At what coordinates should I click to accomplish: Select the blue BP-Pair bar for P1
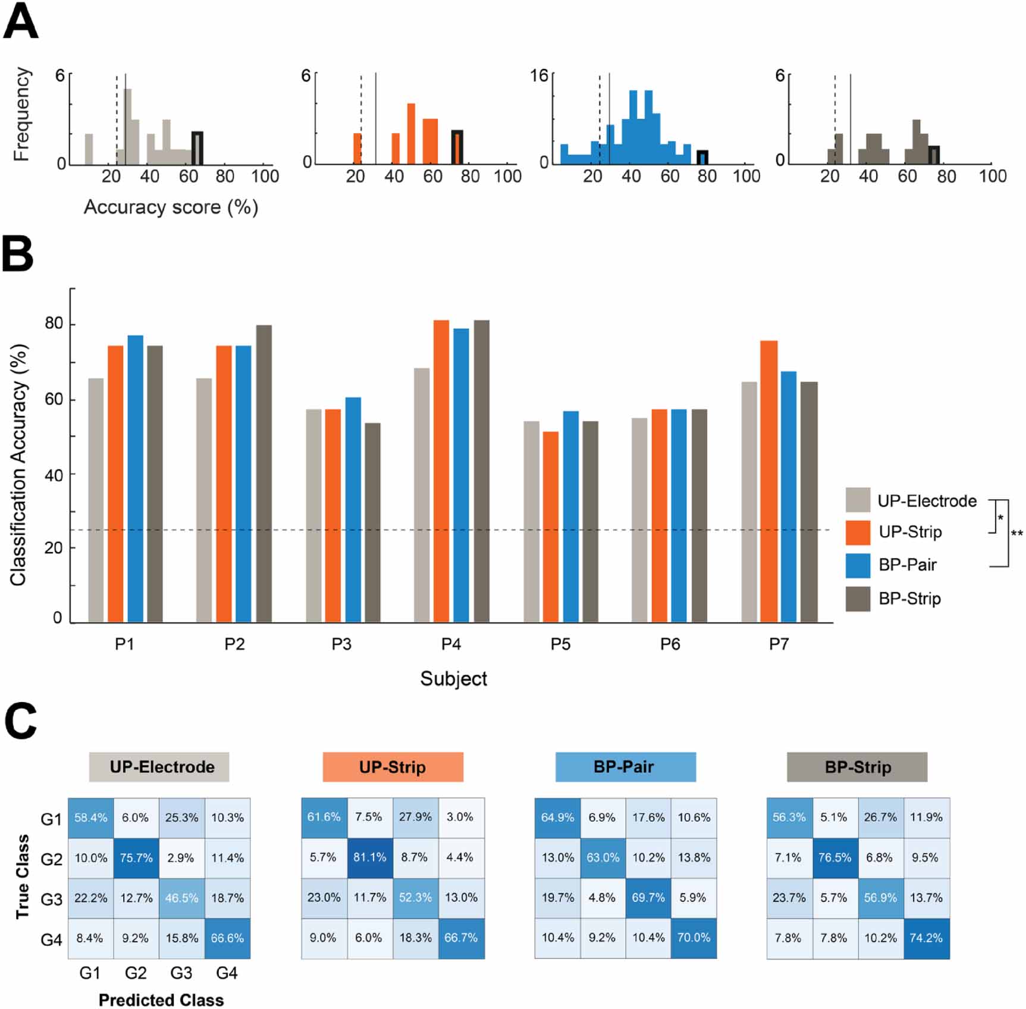[x=135, y=479]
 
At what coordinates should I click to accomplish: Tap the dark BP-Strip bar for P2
[x=263, y=474]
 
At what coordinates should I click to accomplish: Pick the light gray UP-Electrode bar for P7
[x=749, y=502]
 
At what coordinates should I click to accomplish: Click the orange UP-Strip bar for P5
[x=551, y=527]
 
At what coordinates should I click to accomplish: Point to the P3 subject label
[x=341, y=644]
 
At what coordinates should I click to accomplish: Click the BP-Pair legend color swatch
[x=858, y=565]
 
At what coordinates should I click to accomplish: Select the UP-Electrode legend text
[x=927, y=501]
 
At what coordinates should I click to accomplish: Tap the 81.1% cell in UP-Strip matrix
[x=370, y=857]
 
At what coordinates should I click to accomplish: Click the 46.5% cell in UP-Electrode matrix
[x=181, y=898]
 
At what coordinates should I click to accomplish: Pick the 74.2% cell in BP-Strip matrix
[x=926, y=938]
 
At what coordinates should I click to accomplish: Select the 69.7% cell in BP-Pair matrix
[x=648, y=898]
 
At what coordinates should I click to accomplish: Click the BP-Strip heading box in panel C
[x=856, y=767]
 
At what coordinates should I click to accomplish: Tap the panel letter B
[x=18, y=254]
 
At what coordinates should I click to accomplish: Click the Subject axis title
[x=453, y=679]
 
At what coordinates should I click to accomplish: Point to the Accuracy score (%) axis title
[x=171, y=207]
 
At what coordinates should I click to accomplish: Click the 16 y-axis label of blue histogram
[x=539, y=76]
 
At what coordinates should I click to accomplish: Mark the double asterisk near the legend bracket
[x=1017, y=533]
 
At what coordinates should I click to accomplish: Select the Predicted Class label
[x=161, y=1000]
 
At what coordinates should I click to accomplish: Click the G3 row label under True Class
[x=51, y=899]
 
